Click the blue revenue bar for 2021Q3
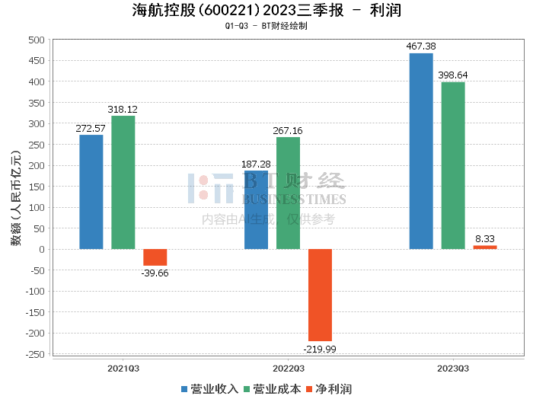[91, 192]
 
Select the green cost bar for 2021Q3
[123, 183]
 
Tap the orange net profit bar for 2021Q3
[155, 257]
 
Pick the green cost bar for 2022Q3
[288, 193]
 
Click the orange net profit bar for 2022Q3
[320, 295]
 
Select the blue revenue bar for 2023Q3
[421, 151]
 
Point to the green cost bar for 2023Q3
[453, 165]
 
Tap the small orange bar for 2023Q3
[485, 247]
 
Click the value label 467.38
[421, 46]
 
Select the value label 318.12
[123, 110]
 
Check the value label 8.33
[486, 238]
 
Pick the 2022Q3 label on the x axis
[289, 368]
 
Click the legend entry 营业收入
[209, 388]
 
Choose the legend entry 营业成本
[271, 388]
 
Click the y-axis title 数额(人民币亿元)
[15, 197]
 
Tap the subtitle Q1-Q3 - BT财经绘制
[266, 25]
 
